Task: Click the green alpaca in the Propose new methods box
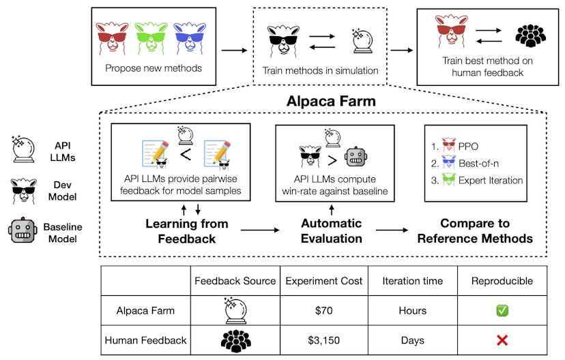(x=151, y=38)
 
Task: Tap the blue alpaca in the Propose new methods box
(x=190, y=38)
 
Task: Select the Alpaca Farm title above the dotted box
(x=331, y=101)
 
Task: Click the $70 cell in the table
(x=323, y=310)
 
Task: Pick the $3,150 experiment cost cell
(x=323, y=340)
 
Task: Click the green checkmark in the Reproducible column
(x=502, y=310)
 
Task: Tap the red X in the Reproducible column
(x=502, y=340)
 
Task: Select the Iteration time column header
(x=413, y=281)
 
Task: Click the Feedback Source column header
(x=235, y=281)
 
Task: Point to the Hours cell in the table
(x=413, y=310)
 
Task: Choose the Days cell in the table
(x=413, y=340)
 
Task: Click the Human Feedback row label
(x=145, y=340)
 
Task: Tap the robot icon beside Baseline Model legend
(x=23, y=230)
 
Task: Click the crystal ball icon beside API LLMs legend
(x=23, y=149)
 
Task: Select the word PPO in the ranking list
(x=468, y=147)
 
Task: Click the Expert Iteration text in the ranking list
(x=491, y=181)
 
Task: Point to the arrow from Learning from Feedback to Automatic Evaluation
(x=260, y=230)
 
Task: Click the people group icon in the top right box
(x=530, y=35)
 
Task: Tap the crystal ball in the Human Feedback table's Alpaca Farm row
(x=235, y=310)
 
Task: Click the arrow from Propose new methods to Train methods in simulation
(x=234, y=50)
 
